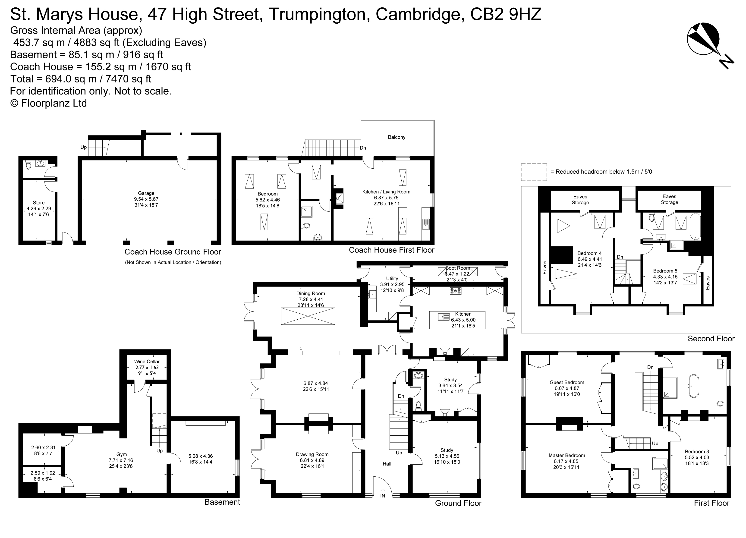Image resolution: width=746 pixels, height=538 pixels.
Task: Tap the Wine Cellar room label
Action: click(147, 361)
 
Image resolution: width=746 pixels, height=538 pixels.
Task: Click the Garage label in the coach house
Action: click(146, 193)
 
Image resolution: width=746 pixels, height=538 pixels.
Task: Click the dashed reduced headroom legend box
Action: click(534, 172)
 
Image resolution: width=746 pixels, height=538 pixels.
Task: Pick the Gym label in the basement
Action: click(121, 454)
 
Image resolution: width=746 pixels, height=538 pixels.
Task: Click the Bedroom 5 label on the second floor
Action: click(665, 271)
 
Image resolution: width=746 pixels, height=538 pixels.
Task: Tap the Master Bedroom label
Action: click(567, 456)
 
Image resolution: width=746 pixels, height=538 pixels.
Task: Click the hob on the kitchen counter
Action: click(456, 291)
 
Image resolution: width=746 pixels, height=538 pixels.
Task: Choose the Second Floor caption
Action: click(711, 339)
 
